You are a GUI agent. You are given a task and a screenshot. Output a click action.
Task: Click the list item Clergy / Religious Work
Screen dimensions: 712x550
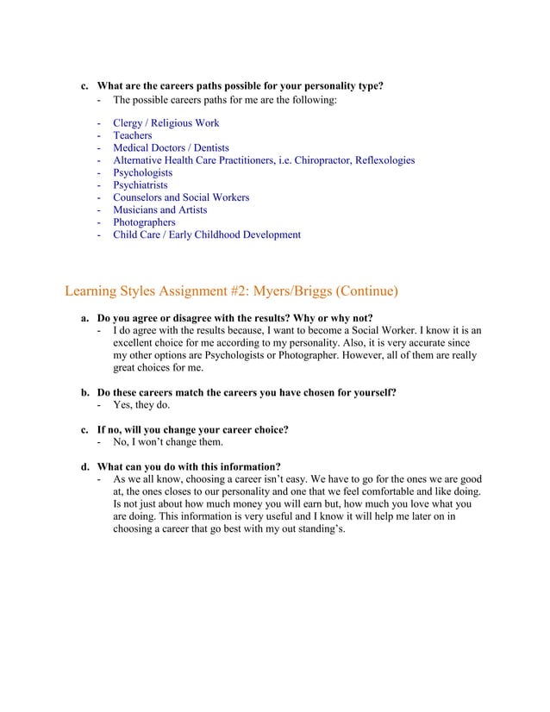coord(166,123)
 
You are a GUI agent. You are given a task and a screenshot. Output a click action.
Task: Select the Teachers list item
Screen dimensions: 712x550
coord(132,135)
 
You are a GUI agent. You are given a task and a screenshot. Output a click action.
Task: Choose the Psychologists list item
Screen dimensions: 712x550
coord(142,172)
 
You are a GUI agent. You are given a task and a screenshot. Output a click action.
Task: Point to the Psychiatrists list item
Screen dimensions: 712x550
coord(141,185)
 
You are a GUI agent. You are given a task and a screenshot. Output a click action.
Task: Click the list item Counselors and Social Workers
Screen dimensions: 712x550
coord(181,197)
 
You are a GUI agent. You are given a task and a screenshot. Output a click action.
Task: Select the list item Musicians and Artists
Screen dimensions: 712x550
coord(159,209)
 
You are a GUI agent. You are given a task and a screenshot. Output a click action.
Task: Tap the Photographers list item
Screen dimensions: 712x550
coord(144,222)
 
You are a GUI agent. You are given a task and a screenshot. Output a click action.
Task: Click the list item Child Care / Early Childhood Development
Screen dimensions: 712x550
coord(207,234)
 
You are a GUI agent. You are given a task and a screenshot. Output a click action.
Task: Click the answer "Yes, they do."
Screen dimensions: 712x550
coord(141,405)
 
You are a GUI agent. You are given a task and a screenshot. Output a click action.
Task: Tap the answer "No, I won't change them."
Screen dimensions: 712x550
coord(168,442)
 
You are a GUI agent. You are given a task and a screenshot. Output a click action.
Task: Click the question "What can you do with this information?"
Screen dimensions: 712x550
coord(189,467)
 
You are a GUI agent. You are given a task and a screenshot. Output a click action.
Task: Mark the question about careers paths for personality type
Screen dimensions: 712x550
coord(240,86)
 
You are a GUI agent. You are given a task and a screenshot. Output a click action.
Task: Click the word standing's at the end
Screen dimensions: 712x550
coord(317,529)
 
